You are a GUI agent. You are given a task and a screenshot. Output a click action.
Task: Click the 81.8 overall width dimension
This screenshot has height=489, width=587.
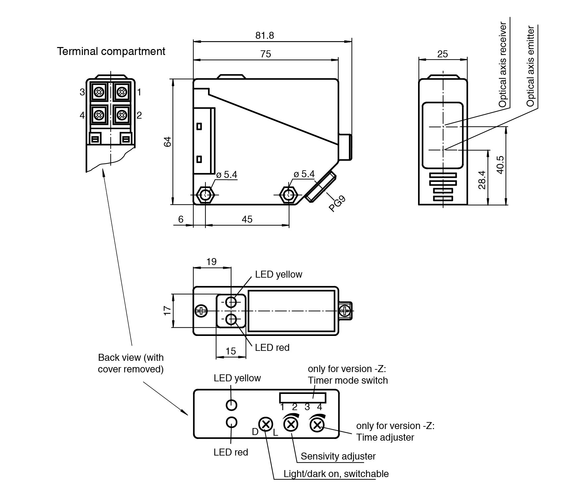pos(265,35)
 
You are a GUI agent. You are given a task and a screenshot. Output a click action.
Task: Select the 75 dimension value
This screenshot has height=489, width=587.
pos(266,54)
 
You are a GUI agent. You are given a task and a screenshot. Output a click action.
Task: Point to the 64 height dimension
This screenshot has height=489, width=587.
pos(168,141)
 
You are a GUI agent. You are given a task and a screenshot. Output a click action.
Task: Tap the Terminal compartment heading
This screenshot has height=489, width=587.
pos(111,51)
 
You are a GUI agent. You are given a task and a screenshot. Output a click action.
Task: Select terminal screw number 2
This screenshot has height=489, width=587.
pos(122,115)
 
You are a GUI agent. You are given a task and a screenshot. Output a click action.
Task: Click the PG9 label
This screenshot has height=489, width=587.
pos(337,203)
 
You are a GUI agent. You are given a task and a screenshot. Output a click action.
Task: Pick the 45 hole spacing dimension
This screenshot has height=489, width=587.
pos(247,219)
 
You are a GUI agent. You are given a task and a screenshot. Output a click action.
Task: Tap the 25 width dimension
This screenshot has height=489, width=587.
pos(443,54)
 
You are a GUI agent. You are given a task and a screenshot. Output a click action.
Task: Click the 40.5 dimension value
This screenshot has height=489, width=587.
pos(500,165)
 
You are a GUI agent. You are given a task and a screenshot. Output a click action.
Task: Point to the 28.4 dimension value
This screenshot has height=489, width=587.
pos(482,180)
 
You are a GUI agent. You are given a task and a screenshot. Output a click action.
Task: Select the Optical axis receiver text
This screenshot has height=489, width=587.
pos(503,65)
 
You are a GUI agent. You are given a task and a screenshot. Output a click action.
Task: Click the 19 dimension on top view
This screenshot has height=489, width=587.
pos(211,262)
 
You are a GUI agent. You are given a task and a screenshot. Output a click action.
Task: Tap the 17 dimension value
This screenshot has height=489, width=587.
pos(168,310)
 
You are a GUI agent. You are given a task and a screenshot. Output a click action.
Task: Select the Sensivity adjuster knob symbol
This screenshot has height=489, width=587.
pos(291,424)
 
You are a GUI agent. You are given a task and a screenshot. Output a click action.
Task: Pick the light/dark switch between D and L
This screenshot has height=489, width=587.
pos(265,424)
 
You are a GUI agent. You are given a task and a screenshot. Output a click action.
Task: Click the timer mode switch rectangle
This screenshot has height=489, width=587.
pos(302,398)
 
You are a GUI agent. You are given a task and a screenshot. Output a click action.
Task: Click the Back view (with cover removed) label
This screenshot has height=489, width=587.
pos(131,363)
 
